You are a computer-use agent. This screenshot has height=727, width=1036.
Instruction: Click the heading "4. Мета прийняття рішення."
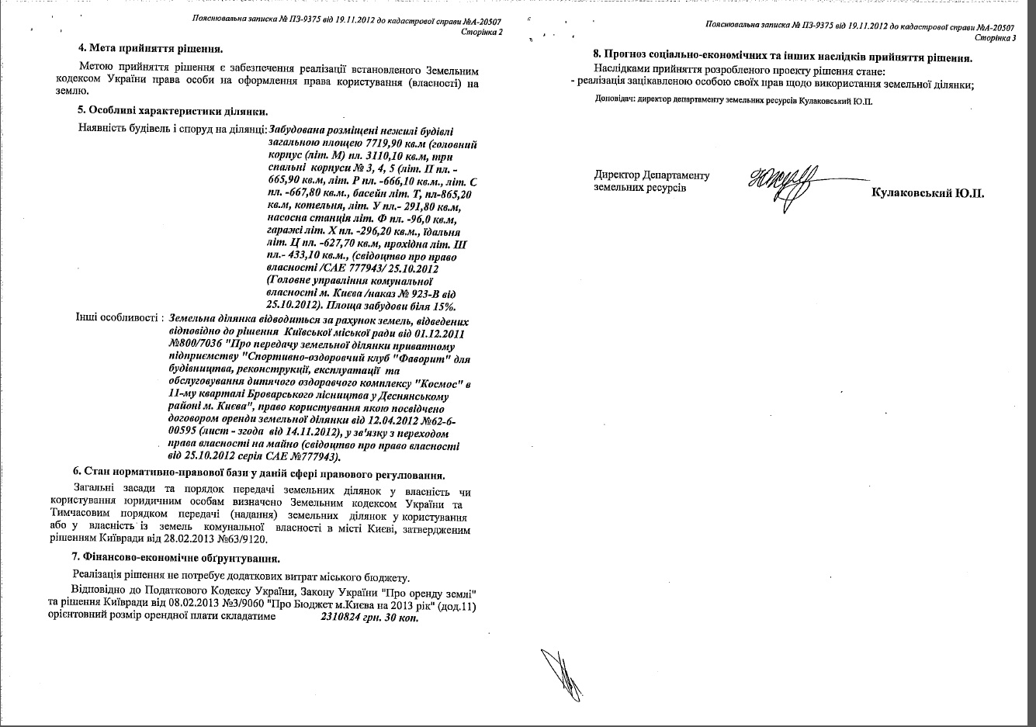tap(145, 48)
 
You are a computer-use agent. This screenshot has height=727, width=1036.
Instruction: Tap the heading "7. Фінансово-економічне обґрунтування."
tap(175, 559)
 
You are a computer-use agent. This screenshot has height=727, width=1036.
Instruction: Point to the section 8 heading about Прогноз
tap(783, 57)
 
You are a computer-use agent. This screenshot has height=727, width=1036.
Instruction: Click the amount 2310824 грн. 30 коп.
tap(369, 618)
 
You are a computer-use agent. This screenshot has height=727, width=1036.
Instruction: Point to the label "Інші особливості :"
tap(118, 318)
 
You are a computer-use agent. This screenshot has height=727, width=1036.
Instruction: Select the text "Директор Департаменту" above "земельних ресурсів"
tap(651, 175)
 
